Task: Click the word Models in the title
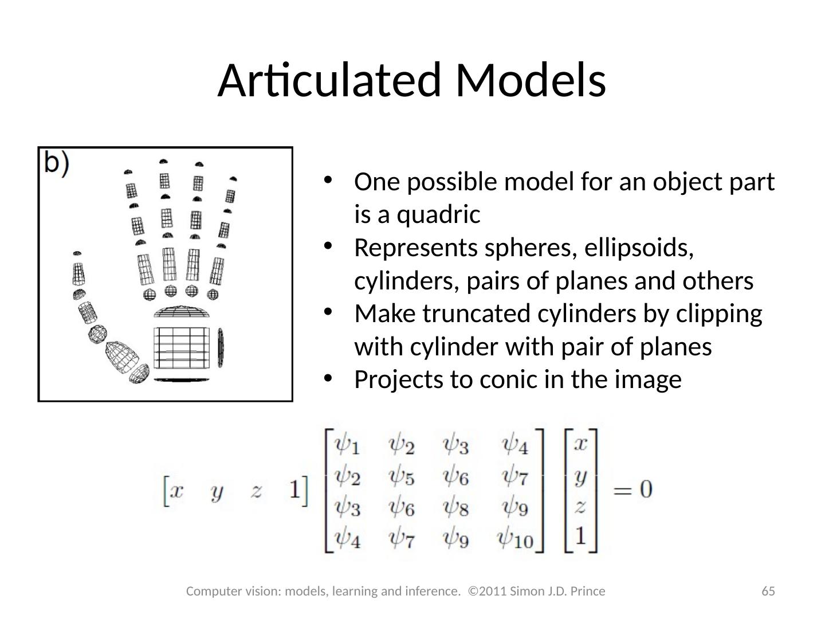click(531, 80)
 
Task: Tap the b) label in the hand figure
click(57, 163)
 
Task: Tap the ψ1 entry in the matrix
click(347, 444)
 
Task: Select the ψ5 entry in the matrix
click(402, 475)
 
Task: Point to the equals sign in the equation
click(622, 490)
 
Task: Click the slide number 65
click(768, 591)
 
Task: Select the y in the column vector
click(580, 476)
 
